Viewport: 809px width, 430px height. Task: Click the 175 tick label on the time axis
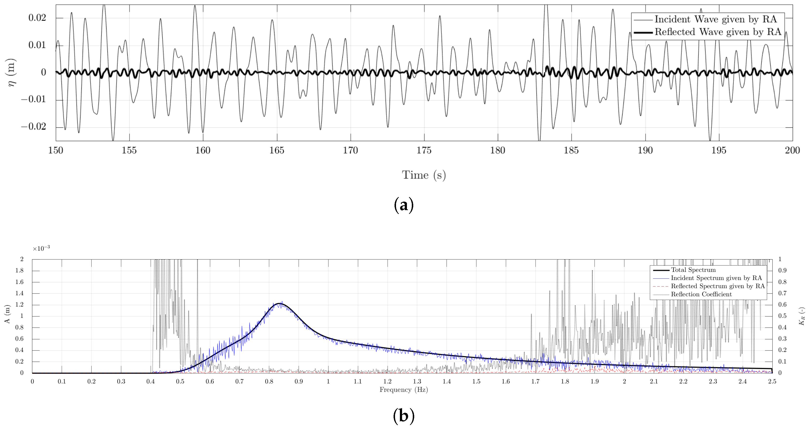tap(424, 150)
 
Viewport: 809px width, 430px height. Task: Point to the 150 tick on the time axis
tap(56, 150)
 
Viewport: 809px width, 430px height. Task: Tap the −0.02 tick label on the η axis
tap(33, 126)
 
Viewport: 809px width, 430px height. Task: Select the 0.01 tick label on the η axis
tap(37, 45)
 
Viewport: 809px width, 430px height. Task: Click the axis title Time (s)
tap(424, 175)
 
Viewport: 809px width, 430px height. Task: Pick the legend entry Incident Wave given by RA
tap(715, 19)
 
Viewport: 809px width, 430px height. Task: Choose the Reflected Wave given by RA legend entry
tap(718, 32)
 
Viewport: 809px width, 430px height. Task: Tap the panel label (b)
tap(404, 416)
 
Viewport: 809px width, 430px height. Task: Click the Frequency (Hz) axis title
tap(404, 390)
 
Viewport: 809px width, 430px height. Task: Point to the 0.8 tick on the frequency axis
tap(269, 381)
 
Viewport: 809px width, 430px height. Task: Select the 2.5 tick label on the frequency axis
tap(772, 381)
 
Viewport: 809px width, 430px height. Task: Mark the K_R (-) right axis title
tap(802, 316)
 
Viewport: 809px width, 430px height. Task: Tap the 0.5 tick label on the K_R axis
tap(782, 316)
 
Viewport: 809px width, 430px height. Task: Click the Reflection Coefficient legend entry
tap(701, 294)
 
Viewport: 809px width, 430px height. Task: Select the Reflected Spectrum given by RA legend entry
tap(718, 286)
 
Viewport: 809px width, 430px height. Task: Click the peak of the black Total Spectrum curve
tap(279, 303)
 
